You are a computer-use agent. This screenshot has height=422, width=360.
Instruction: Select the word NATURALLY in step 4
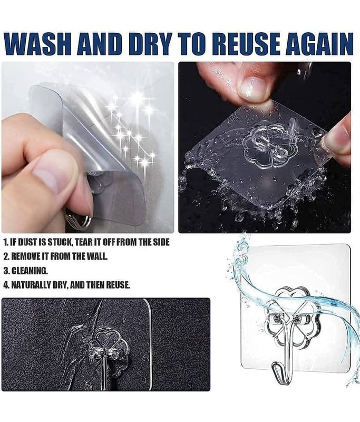(31, 285)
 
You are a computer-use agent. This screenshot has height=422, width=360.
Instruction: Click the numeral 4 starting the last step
(6, 285)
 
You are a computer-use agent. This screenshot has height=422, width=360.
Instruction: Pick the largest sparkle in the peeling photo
(138, 98)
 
